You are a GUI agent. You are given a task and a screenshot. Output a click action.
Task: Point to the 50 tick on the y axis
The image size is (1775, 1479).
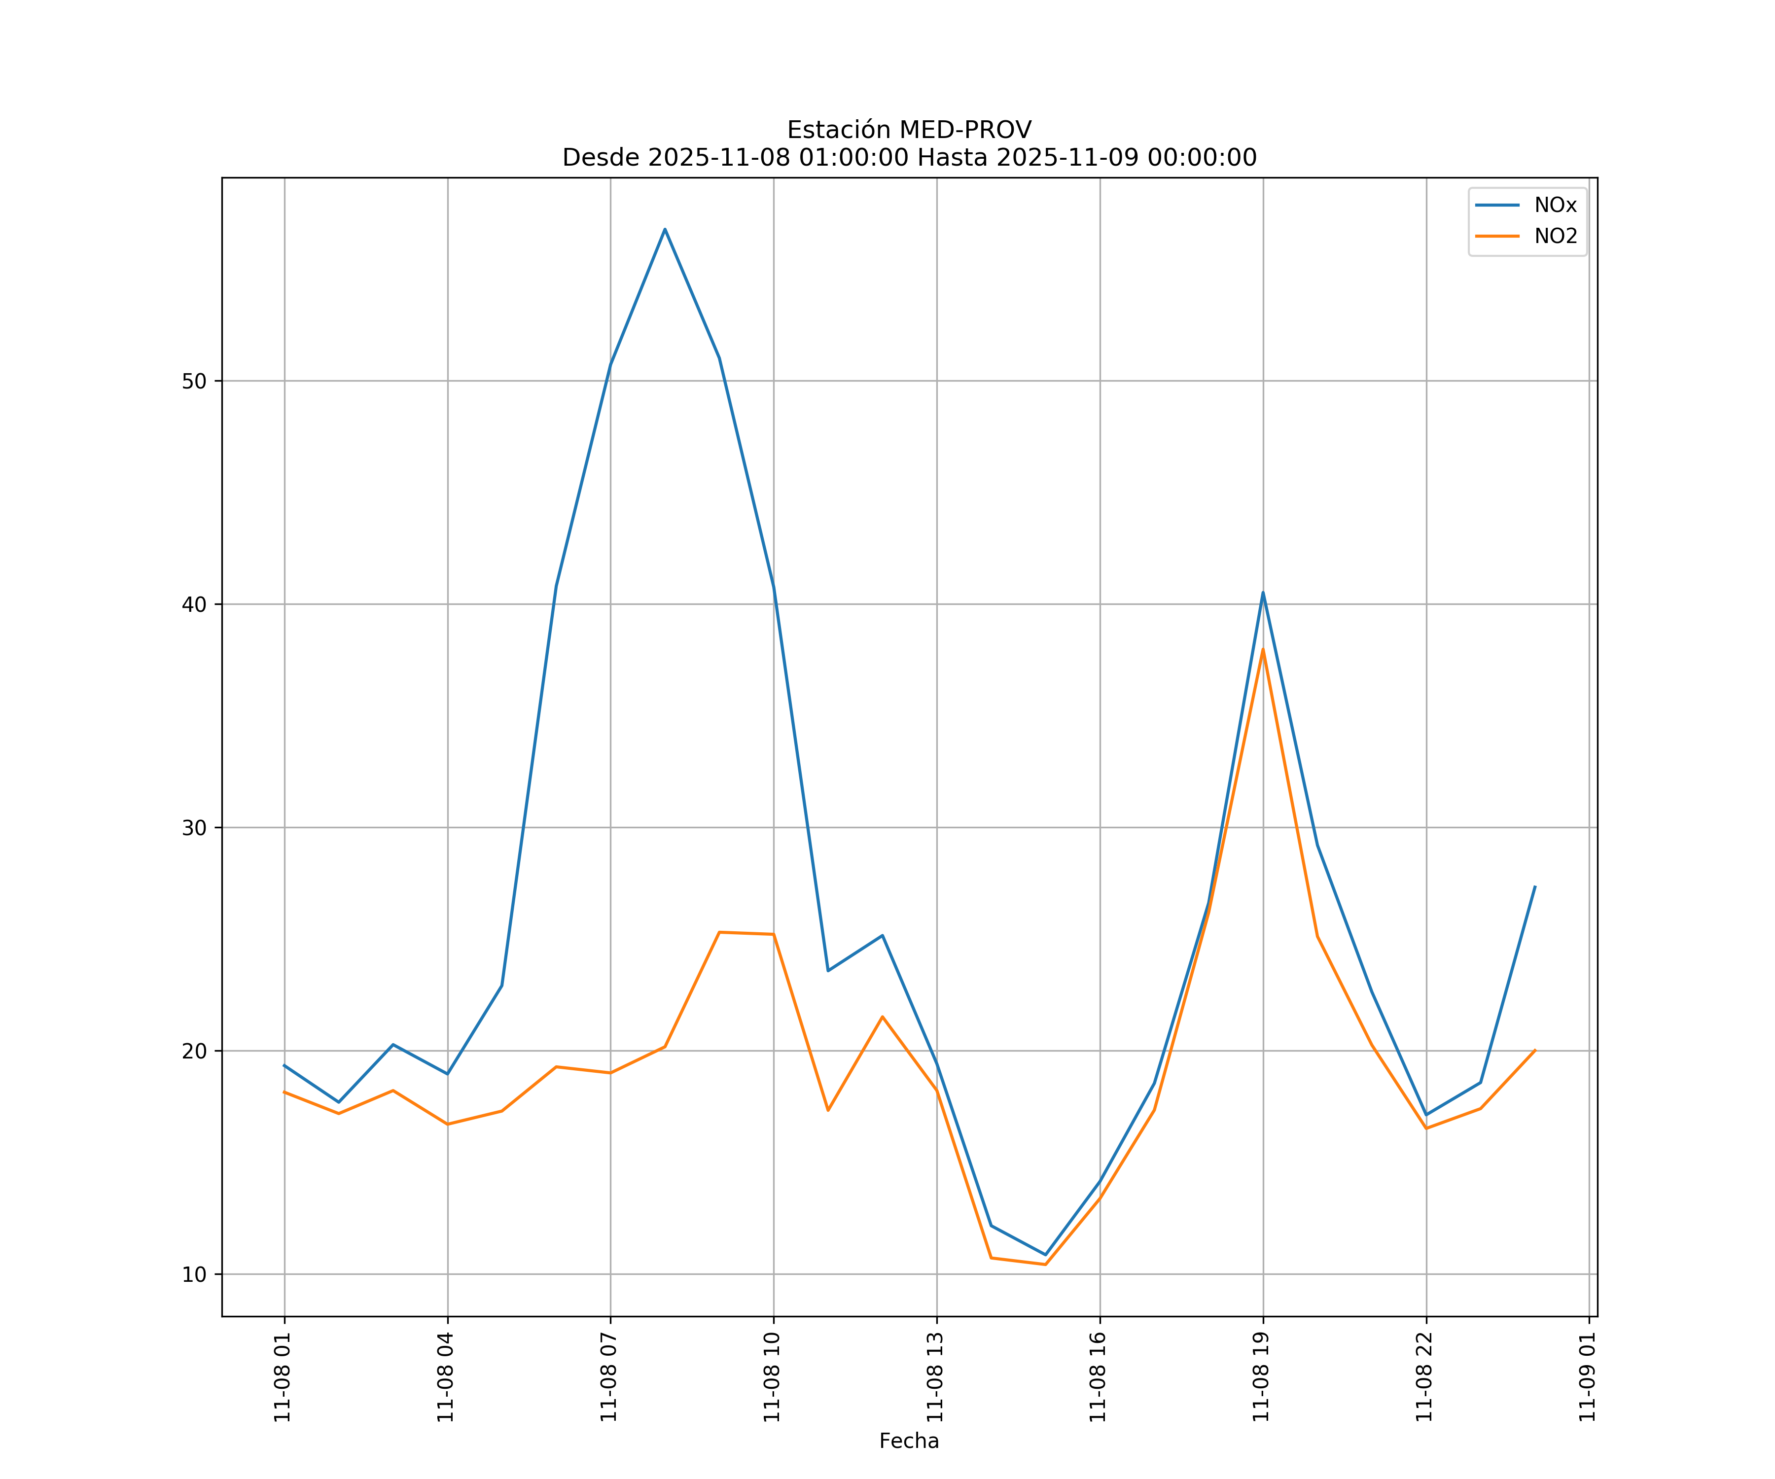[194, 381]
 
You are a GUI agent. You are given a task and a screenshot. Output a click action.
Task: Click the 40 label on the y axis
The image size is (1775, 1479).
[194, 604]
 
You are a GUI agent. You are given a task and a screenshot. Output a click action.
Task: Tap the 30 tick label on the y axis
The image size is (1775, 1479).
[194, 828]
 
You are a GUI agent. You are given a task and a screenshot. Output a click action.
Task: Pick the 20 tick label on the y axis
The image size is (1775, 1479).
[194, 1052]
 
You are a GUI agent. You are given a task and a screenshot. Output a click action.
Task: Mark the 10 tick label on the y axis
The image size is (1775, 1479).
[194, 1274]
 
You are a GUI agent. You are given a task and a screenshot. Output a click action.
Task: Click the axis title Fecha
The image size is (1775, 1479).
[909, 1441]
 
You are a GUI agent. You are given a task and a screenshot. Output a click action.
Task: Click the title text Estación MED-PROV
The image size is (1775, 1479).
[909, 130]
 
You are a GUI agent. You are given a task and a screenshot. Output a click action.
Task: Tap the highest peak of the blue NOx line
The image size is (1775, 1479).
[665, 229]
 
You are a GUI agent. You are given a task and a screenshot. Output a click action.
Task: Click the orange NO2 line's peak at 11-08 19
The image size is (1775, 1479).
[1263, 649]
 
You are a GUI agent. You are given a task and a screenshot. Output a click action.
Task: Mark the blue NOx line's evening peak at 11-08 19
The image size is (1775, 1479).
[1263, 593]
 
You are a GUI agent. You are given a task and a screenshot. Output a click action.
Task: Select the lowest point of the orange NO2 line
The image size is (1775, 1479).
[1046, 1265]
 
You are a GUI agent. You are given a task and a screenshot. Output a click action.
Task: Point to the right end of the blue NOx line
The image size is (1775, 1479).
[1535, 886]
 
